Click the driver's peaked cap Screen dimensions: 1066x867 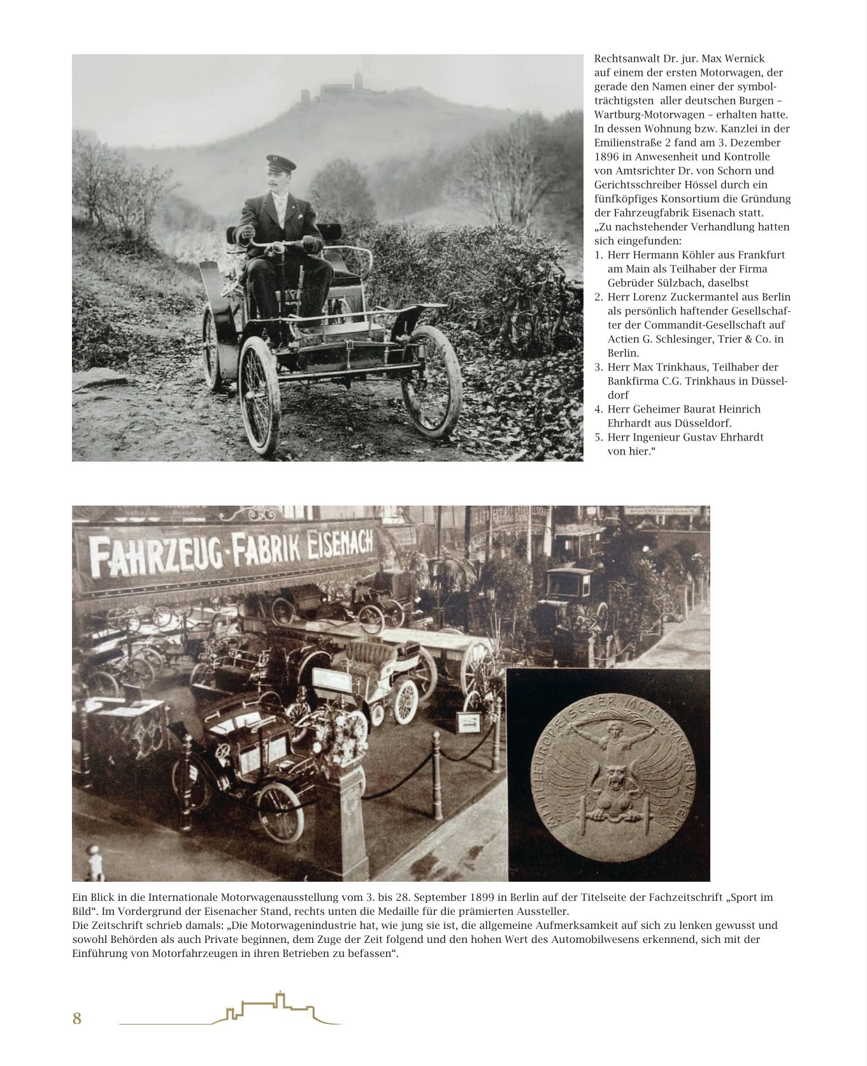[x=280, y=163]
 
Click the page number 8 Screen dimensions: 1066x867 [x=77, y=1018]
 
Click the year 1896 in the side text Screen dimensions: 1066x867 [x=607, y=157]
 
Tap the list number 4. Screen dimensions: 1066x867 [x=598, y=409]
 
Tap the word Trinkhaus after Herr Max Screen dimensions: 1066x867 [x=683, y=367]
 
